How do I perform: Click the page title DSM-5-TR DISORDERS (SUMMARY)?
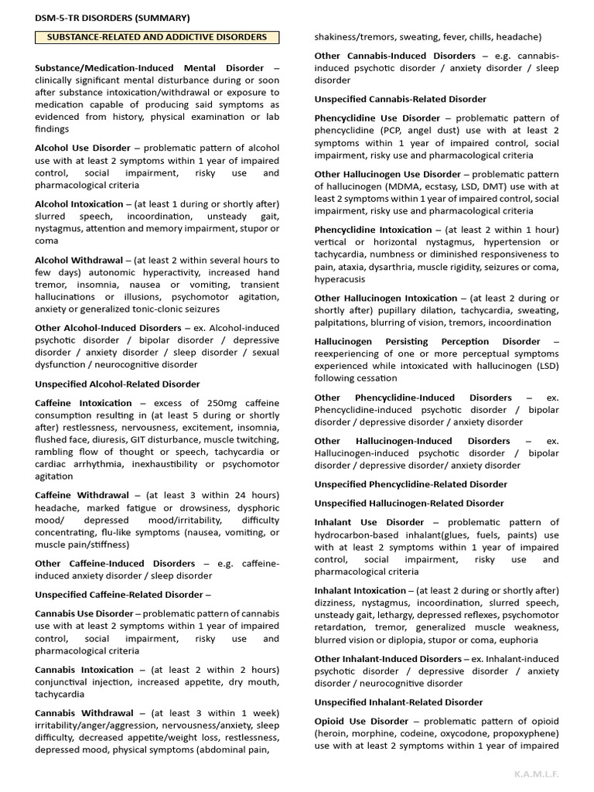pos(111,18)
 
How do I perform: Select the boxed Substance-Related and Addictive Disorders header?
pos(157,37)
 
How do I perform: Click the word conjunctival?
pos(65,682)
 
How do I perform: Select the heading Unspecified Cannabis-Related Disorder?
pos(401,99)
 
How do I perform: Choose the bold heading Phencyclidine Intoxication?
pos(374,230)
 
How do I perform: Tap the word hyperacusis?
pos(341,279)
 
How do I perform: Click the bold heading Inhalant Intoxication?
pos(360,591)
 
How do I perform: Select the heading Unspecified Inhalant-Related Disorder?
pos(398,702)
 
